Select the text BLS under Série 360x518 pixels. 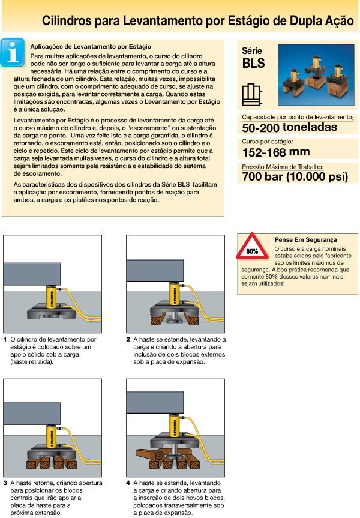253,62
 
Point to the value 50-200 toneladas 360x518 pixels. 289,127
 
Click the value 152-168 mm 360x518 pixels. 277,152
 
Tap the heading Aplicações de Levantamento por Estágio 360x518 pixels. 90,46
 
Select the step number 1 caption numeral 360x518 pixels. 5,340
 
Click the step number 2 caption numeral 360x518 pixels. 128,340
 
